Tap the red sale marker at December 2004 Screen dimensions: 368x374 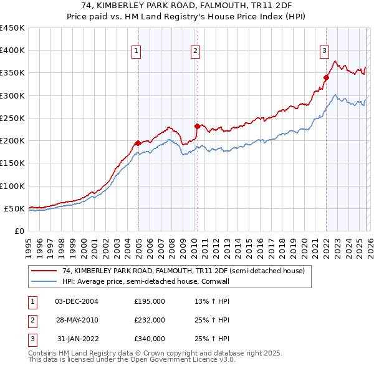138,143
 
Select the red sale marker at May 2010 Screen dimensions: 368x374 197,126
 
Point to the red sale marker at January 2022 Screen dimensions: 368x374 326,77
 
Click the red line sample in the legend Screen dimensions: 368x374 43,271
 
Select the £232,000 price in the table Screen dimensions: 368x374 150,320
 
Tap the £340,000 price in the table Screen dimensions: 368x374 150,339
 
